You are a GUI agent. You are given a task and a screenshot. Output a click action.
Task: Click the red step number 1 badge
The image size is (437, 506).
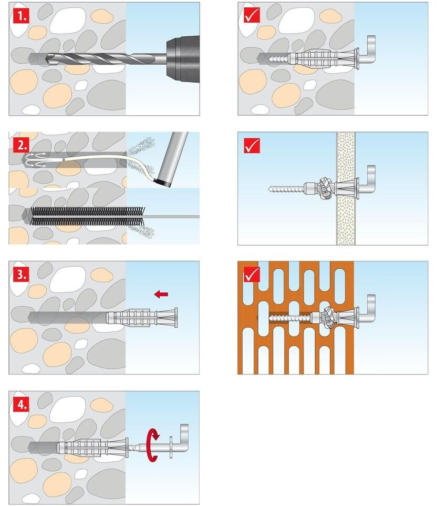pyautogui.click(x=21, y=15)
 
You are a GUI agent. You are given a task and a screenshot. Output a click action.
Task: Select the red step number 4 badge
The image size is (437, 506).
pyautogui.click(x=21, y=404)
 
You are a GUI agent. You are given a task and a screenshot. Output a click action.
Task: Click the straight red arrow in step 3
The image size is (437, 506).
pyautogui.click(x=161, y=294)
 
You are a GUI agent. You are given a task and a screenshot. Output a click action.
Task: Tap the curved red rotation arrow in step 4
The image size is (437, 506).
pyautogui.click(x=153, y=444)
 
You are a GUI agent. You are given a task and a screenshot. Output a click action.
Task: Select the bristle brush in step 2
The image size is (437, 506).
pyautogui.click(x=88, y=216)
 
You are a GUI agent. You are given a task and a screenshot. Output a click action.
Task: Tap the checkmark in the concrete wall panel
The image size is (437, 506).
pyautogui.click(x=252, y=15)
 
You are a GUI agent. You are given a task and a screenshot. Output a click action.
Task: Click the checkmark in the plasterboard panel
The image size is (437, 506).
pyautogui.click(x=252, y=145)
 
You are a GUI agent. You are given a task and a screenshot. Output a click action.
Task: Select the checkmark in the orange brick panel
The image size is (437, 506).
pyautogui.click(x=252, y=275)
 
